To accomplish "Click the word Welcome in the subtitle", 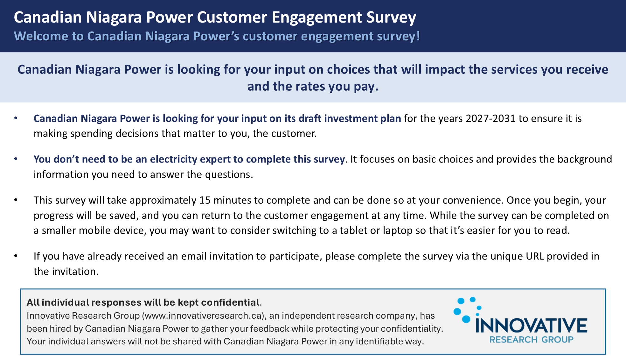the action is pos(41,36).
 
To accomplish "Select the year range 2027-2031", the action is pos(490,119).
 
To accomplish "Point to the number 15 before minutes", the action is pos(205,200).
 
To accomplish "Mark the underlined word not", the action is pos(151,342).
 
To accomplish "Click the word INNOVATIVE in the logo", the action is pos(532,326).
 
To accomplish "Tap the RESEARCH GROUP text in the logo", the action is pos(532,340).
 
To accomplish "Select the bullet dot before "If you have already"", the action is pos(16,256).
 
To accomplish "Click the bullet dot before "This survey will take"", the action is pos(16,200).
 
